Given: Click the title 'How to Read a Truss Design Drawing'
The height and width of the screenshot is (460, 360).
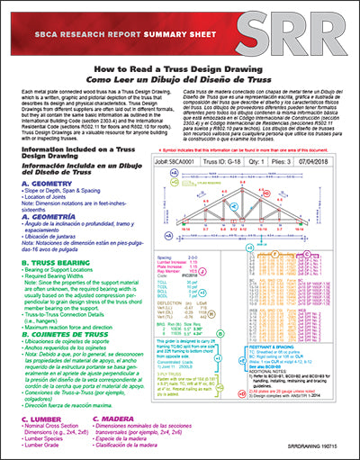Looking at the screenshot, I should (180, 68).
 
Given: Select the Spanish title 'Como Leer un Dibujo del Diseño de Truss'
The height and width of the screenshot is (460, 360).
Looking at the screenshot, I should (180, 78).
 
